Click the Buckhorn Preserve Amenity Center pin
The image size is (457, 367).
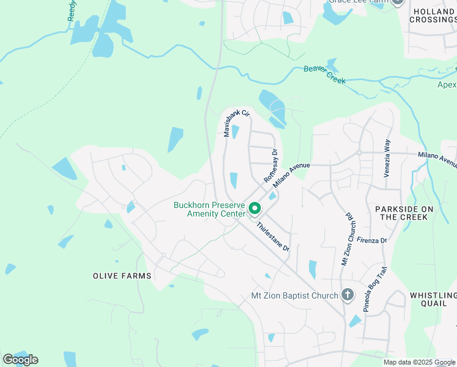[x=255, y=209]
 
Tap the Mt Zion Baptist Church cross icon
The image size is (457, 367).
[x=347, y=295]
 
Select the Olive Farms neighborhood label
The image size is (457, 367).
[x=122, y=276]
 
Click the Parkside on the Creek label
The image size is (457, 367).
[x=404, y=213]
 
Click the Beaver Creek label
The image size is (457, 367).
[x=324, y=74]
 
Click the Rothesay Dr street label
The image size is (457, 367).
[x=271, y=166]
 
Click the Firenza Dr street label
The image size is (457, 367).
[x=372, y=240]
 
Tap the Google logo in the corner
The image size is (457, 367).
[x=20, y=360]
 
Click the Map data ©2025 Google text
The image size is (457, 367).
[x=419, y=362]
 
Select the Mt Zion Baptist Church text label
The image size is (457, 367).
[x=294, y=296]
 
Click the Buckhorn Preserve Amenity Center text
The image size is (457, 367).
[x=209, y=209]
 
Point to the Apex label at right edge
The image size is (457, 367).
[x=447, y=84]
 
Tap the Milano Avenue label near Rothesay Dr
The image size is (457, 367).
[x=292, y=176]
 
